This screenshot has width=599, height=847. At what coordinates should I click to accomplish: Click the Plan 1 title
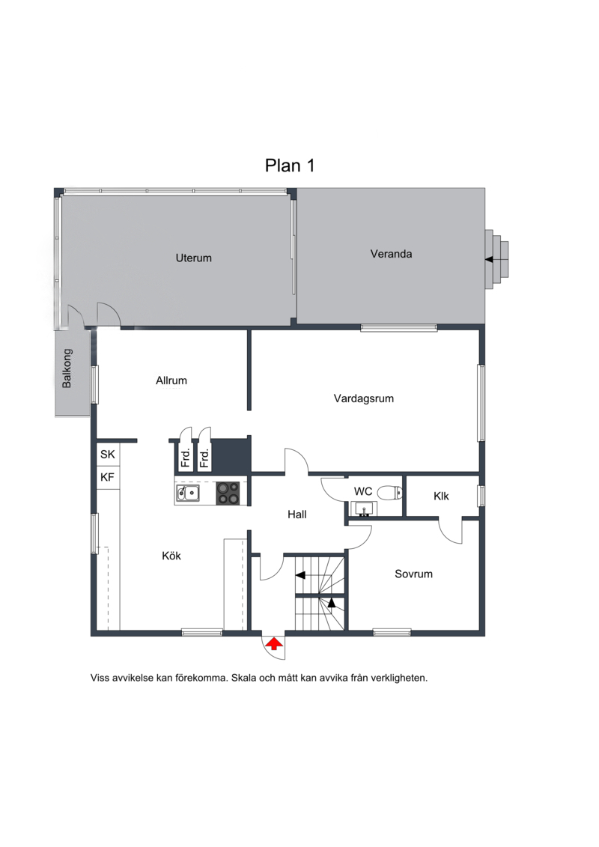coord(290,166)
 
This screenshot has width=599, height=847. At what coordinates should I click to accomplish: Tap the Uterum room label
coord(193,258)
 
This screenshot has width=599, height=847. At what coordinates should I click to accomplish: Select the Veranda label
coord(391,254)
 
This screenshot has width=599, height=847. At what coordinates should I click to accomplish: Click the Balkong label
coord(67,368)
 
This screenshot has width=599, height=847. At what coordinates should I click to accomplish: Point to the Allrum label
coord(171,380)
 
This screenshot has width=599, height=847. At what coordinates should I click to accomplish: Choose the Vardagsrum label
coord(363,398)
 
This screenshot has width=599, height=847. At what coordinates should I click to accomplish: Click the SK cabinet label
coord(108,455)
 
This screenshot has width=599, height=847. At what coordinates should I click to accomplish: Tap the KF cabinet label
coord(108,477)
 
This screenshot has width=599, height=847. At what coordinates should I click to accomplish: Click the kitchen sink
coord(187,494)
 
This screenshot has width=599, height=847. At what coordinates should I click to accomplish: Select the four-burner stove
coord(228,494)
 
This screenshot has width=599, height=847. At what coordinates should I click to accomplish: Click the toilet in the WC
coord(389,493)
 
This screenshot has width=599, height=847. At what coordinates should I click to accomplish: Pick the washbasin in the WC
coord(363,508)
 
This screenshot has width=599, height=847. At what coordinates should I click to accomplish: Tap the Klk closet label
coord(441,496)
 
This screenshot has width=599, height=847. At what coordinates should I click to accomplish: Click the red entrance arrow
coord(274,643)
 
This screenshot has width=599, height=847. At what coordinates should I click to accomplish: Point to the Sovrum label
coord(414,574)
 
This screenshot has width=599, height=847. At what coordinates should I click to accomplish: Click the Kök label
coord(171,556)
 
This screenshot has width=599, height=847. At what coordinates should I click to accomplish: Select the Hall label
coord(297,514)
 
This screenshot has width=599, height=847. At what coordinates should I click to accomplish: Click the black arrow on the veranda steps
coord(489,259)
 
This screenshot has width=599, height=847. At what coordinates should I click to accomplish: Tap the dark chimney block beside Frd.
coord(231,455)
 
